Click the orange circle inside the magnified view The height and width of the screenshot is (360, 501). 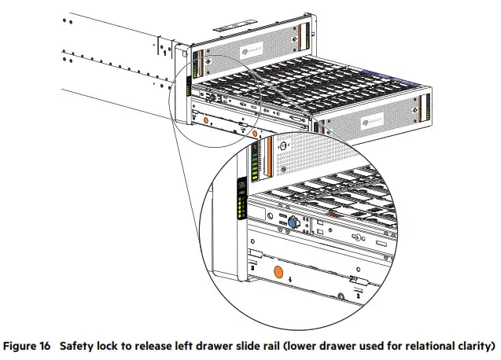277,272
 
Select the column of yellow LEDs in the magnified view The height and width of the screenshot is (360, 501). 242,208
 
